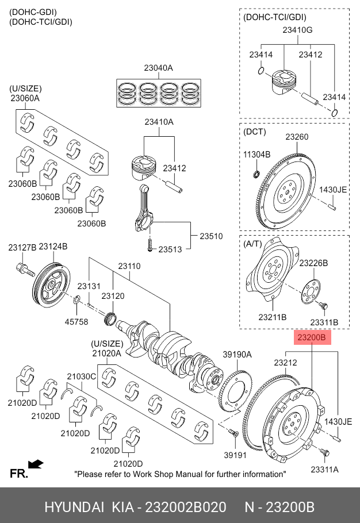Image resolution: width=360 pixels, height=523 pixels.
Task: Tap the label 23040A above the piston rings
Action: tap(159, 68)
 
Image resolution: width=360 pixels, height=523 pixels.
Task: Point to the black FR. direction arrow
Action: tap(36, 463)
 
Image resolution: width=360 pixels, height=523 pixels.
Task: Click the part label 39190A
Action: tap(237, 355)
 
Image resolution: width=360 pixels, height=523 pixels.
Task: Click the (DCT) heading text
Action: tap(255, 132)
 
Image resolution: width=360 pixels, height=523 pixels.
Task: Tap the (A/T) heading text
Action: tap(252, 244)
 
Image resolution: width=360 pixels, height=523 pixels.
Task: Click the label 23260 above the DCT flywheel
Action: tap(297, 137)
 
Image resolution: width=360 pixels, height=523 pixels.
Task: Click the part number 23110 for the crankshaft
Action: tap(129, 267)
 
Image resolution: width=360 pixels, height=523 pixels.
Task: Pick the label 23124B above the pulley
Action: tap(53, 247)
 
